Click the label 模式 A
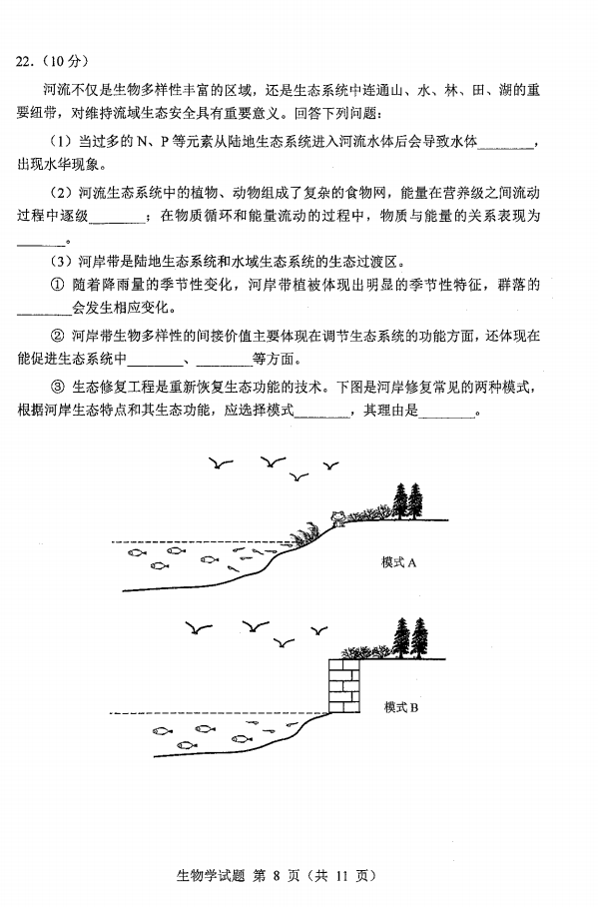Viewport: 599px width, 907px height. pos(398,562)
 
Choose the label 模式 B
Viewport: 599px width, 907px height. pos(400,707)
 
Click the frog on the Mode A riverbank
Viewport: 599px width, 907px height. pos(338,517)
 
